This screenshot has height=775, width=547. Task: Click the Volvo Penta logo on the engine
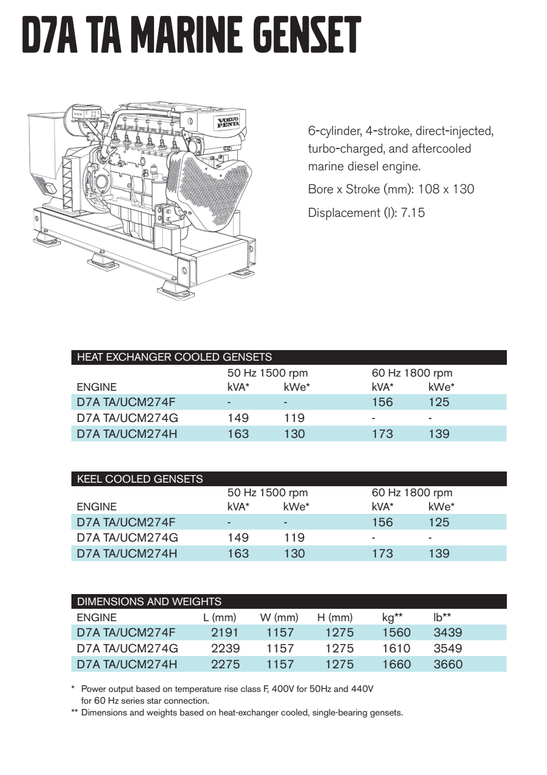coord(228,123)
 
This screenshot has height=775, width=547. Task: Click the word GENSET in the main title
coord(307,35)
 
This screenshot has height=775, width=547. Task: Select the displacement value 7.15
coord(412,213)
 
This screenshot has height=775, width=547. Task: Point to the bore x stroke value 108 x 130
coord(446,189)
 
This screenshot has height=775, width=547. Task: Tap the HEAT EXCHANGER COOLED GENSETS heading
coord(174,357)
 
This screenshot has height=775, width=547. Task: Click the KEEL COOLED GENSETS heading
coord(140,479)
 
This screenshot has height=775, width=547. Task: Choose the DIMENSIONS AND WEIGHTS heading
coord(149,602)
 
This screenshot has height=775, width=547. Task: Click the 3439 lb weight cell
coord(448,632)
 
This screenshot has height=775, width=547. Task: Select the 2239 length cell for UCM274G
coord(225,648)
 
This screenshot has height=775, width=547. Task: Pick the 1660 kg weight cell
coord(396,664)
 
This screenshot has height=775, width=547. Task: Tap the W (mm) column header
coord(279,618)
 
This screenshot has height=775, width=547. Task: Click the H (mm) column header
coord(335,618)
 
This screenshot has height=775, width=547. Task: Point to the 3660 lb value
coord(448,664)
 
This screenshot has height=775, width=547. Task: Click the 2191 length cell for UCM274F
coord(225,632)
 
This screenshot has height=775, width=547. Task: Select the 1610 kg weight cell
coord(396,648)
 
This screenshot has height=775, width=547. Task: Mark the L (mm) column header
coord(220,618)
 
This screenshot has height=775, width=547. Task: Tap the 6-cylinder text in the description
coord(334,131)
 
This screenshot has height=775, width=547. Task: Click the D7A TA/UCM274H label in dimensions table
coord(127,664)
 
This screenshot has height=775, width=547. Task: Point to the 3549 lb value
coord(448,648)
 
